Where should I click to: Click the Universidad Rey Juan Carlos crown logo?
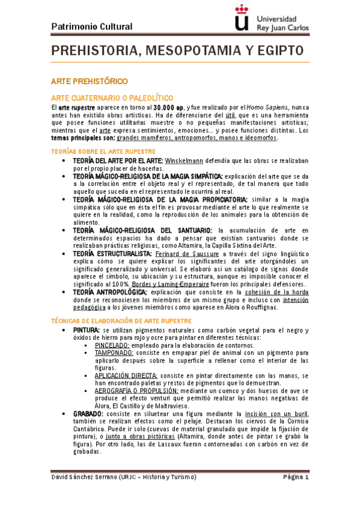[x=241, y=18]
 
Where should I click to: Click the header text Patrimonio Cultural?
[x=92, y=26]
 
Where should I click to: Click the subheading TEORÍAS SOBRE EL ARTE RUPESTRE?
[x=103, y=152]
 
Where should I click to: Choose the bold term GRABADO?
[x=88, y=414]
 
